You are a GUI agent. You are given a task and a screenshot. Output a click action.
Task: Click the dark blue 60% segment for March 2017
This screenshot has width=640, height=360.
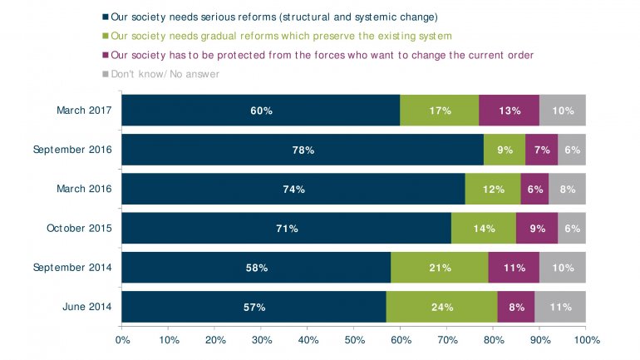(261, 111)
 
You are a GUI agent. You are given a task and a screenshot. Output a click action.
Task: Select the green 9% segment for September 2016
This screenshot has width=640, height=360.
(505, 150)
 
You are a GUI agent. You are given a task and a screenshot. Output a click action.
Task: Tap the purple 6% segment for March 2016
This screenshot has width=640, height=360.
(534, 189)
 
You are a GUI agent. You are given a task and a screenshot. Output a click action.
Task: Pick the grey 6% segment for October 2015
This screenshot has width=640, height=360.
(572, 228)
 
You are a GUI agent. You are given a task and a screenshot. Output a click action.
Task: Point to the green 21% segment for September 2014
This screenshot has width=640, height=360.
(440, 268)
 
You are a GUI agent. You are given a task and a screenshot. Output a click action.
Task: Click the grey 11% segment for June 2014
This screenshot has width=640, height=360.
(560, 307)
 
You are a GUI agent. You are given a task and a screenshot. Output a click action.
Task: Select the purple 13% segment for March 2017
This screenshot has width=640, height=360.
(510, 111)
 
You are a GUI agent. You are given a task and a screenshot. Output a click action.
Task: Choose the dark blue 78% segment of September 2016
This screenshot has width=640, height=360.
(303, 150)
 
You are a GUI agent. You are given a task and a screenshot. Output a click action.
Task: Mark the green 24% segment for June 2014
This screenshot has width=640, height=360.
(442, 307)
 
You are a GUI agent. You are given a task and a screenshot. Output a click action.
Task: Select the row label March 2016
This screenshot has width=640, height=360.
(86, 189)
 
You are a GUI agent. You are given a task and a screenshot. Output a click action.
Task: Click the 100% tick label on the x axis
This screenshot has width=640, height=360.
(585, 340)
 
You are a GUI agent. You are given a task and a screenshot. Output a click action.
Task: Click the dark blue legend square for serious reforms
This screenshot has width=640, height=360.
(106, 17)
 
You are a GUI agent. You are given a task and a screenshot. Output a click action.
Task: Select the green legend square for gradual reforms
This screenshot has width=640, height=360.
(106, 36)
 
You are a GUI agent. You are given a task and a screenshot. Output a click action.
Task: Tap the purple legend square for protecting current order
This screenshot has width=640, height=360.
(106, 55)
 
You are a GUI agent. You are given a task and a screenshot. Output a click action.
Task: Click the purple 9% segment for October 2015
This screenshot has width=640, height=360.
(537, 228)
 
